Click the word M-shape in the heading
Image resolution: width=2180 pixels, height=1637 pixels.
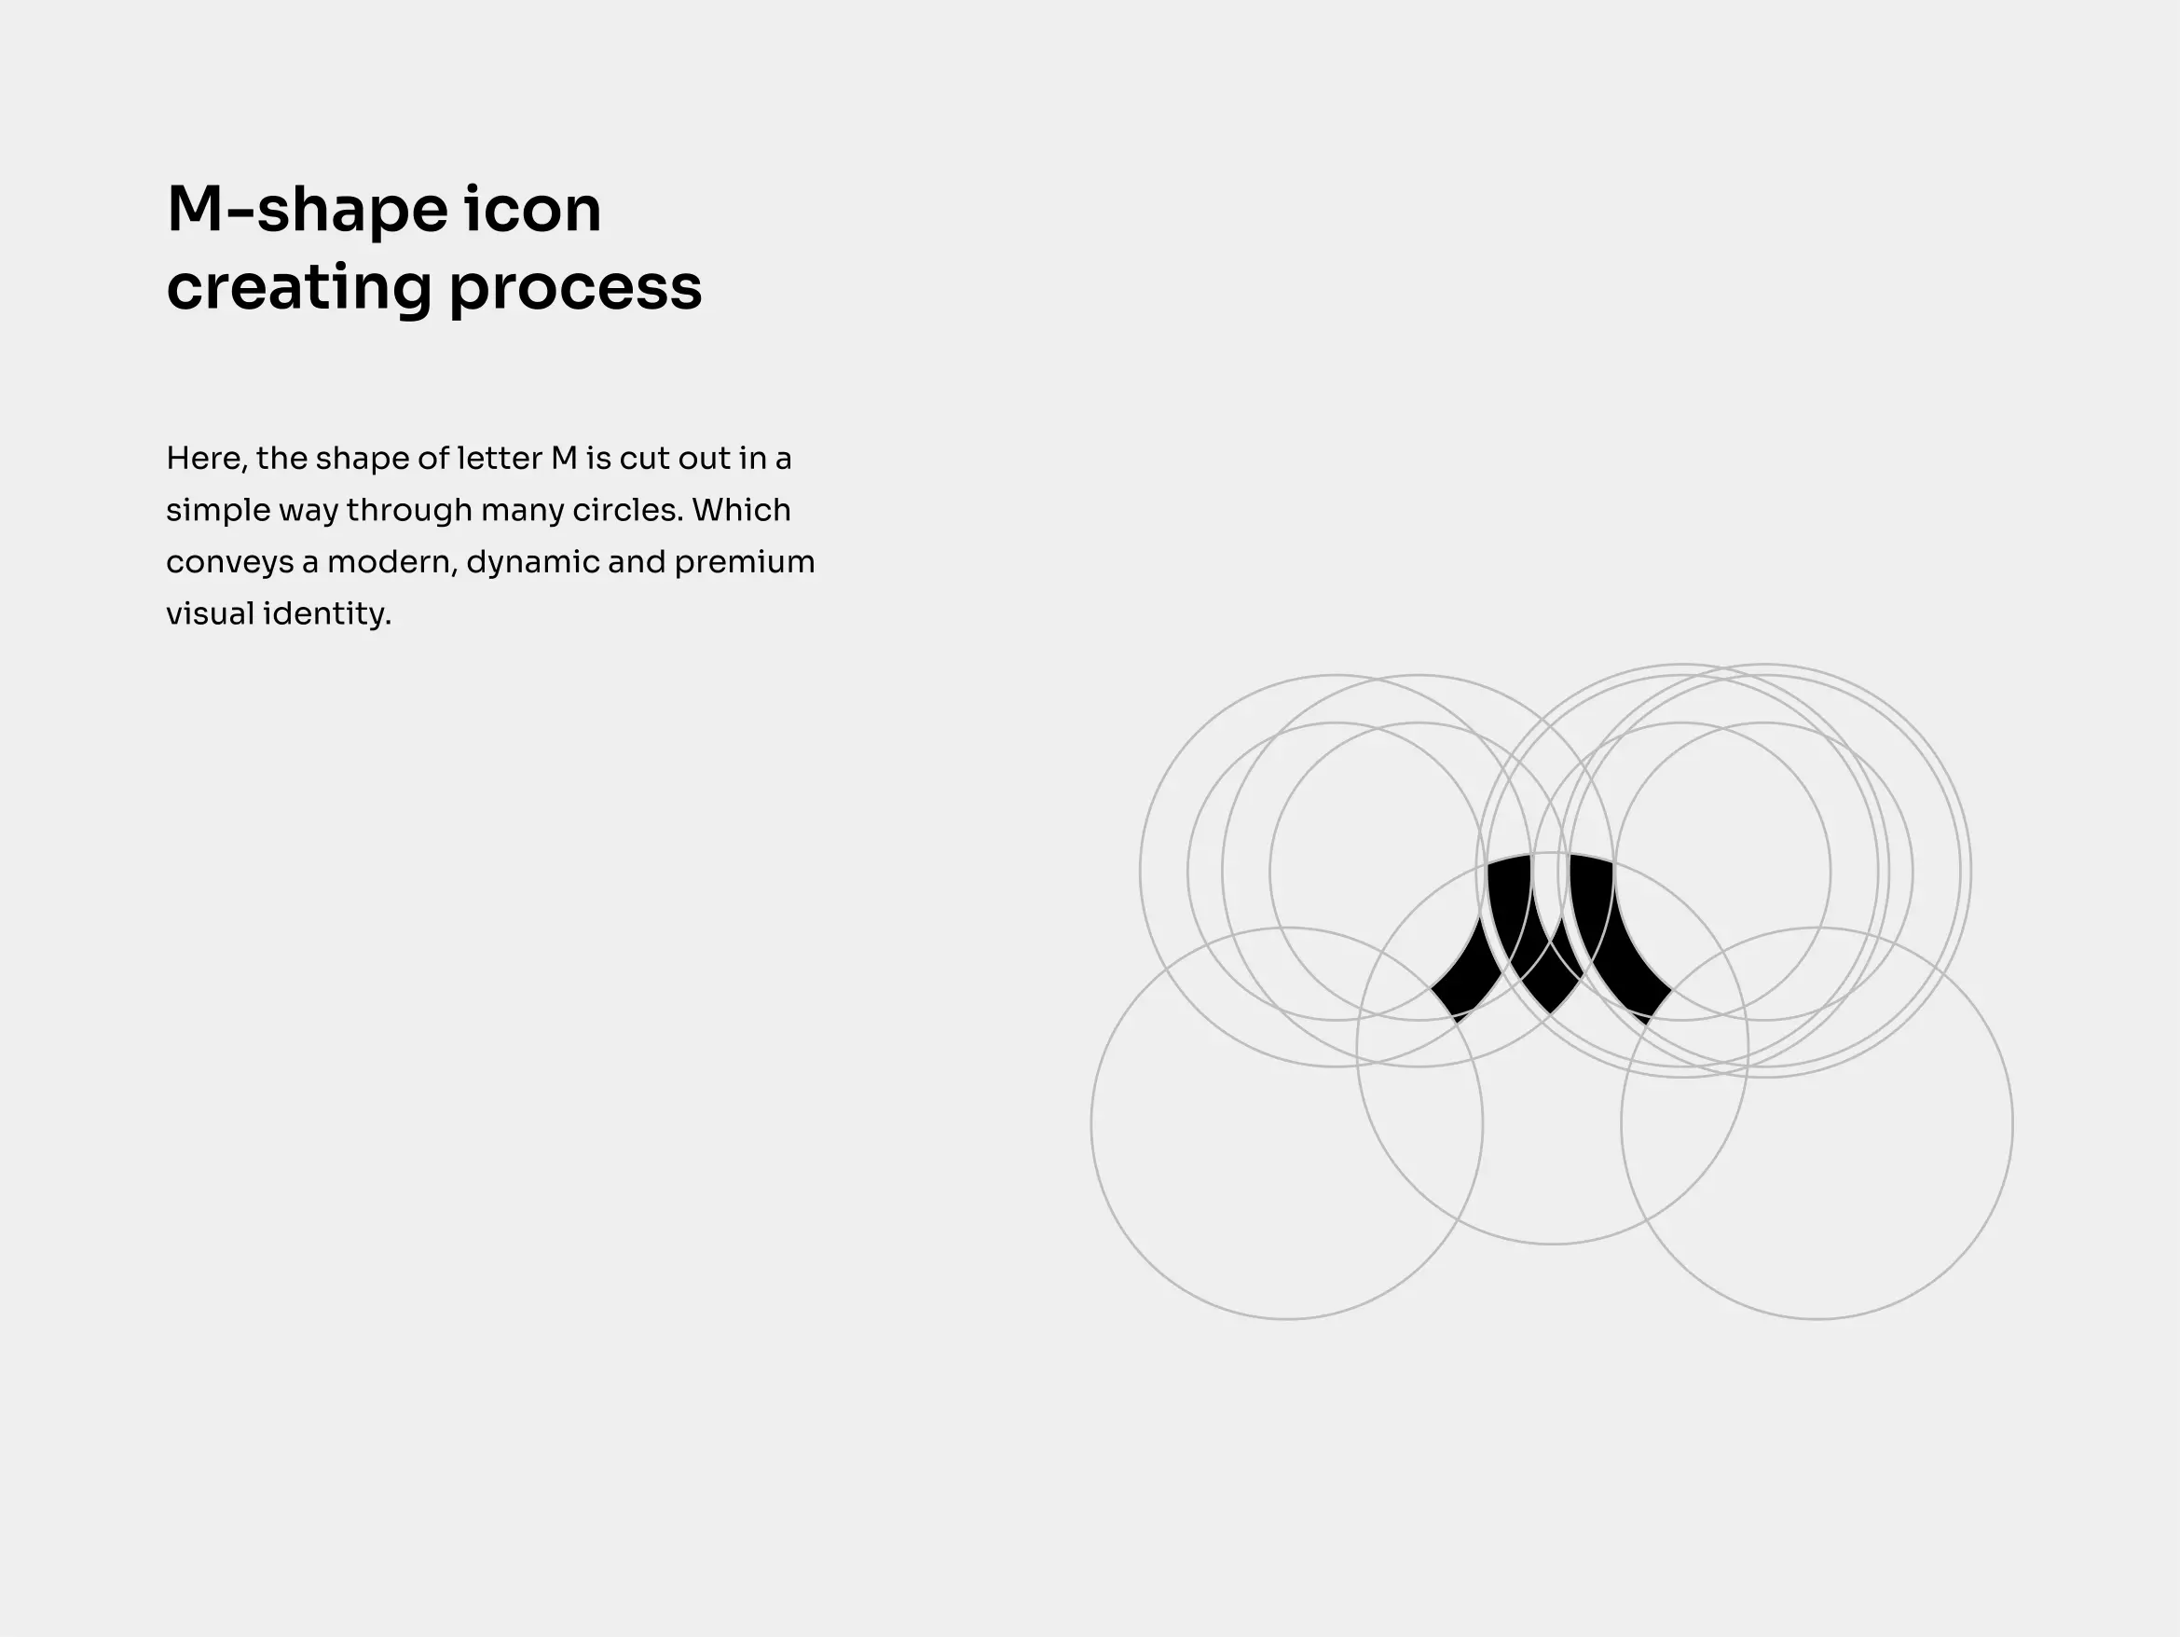pos(308,210)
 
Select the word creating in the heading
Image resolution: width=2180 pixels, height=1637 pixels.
pos(299,288)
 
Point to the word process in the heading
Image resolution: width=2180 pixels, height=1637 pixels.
pos(576,290)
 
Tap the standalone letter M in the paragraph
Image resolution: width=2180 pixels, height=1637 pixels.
pos(564,459)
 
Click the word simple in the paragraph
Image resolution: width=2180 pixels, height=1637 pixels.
pos(218,512)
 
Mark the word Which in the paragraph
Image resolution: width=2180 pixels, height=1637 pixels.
pos(741,510)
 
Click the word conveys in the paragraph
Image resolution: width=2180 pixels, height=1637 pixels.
pos(229,564)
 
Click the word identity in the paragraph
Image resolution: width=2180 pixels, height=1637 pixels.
pos(326,614)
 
